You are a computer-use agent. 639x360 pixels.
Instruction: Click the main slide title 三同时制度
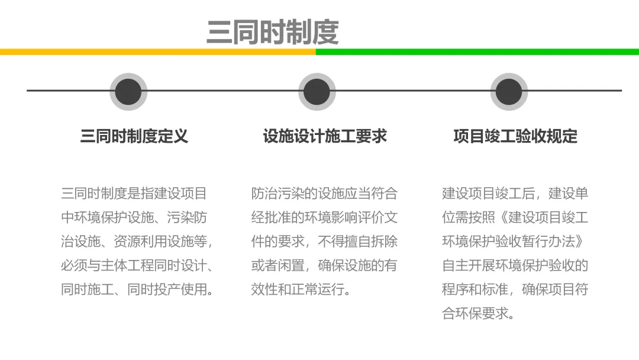273,32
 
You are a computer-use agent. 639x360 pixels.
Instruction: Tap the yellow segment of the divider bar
158,52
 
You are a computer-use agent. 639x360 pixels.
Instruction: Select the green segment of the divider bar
477,52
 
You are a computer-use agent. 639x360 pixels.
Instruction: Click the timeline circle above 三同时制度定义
128,92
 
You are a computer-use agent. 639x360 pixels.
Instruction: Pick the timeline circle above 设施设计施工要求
317,92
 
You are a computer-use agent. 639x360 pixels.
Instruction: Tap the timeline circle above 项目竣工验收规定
509,92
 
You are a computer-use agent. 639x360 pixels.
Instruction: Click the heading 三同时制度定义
134,136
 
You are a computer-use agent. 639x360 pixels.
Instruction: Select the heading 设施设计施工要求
325,136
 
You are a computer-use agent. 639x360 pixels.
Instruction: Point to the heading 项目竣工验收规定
515,136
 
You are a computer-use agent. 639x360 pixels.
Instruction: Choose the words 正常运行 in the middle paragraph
318,290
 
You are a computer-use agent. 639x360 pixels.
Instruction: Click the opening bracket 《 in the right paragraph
504,217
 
